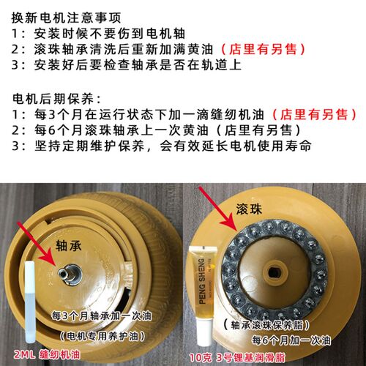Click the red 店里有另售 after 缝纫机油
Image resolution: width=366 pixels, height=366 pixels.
[314, 114]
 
